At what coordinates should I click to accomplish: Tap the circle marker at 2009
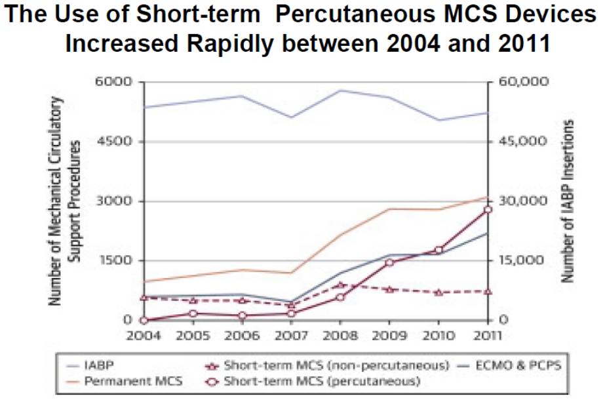(389, 262)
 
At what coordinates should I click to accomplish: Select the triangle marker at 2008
(340, 285)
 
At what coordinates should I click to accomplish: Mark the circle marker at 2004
(144, 320)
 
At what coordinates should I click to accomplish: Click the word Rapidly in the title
(245, 45)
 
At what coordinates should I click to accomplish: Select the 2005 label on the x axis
(193, 335)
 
